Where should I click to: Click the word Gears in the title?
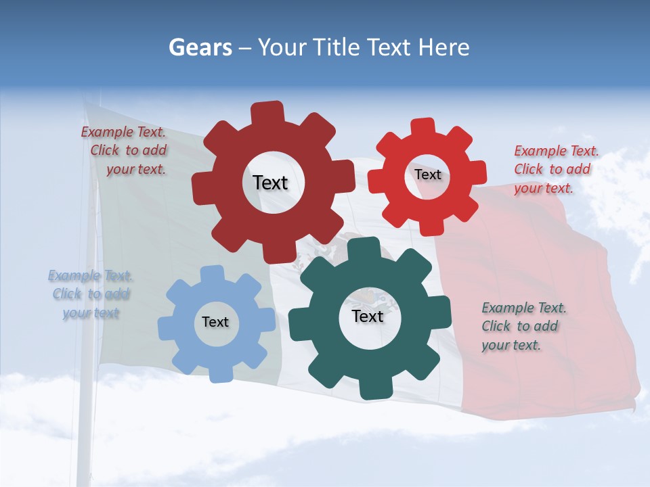pyautogui.click(x=200, y=47)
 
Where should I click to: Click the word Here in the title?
pyautogui.click(x=443, y=47)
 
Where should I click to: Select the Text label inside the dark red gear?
pyautogui.click(x=270, y=183)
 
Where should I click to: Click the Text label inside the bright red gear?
pyautogui.click(x=427, y=175)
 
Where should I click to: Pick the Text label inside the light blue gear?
pyautogui.click(x=215, y=322)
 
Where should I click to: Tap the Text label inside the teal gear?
pyautogui.click(x=368, y=317)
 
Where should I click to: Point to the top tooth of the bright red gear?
pyautogui.click(x=423, y=128)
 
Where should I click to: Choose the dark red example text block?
pyautogui.click(x=125, y=151)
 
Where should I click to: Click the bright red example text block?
pyautogui.click(x=555, y=169)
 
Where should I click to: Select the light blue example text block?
pyautogui.click(x=90, y=294)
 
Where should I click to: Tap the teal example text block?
pyautogui.click(x=523, y=326)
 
